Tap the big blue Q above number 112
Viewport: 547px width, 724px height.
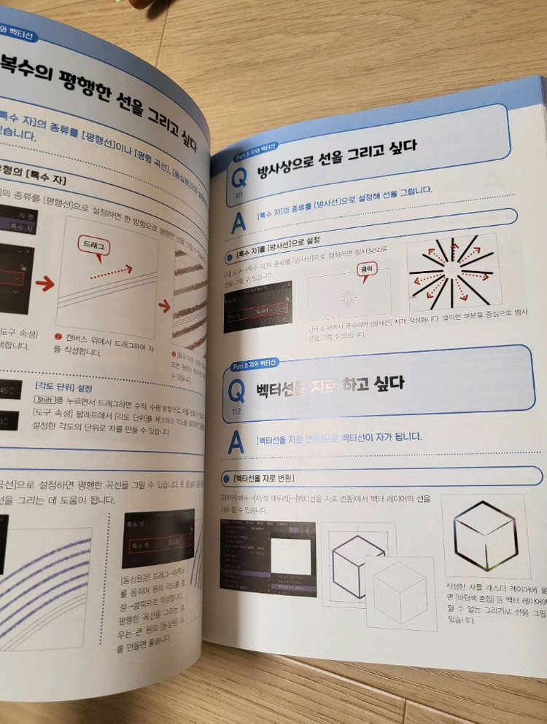point(236,392)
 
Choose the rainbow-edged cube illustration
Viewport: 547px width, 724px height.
point(485,535)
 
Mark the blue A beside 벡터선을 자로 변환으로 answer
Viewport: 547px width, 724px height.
point(236,444)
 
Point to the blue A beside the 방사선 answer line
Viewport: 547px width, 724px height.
point(238,224)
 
